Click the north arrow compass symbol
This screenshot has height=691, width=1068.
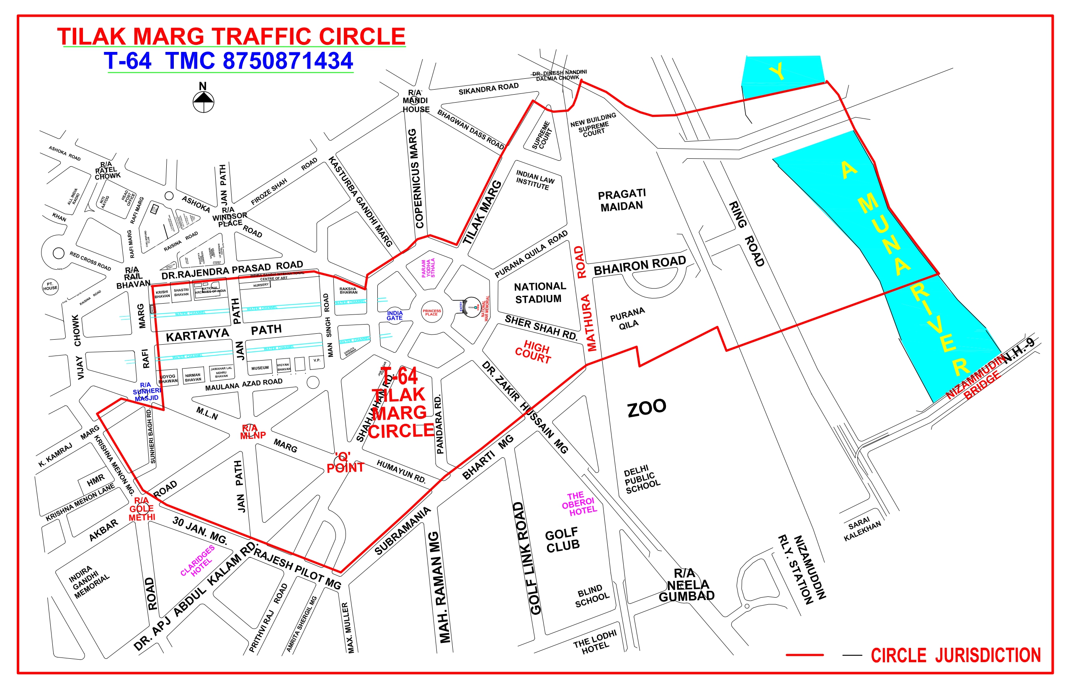203,101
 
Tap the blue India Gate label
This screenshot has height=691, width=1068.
395,315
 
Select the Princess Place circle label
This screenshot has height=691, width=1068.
431,312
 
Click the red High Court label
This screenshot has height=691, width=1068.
534,352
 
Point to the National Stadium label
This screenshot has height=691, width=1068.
539,293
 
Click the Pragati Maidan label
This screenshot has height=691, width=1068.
622,200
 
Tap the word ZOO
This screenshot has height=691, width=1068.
647,408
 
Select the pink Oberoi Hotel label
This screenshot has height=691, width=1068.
579,503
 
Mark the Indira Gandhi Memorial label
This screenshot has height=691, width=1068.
88,582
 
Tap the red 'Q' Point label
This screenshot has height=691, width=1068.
345,463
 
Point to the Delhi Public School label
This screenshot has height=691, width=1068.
642,480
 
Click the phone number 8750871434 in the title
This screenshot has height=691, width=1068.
288,61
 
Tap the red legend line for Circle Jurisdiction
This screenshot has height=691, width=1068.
805,655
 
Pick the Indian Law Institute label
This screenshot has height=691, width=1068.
534,180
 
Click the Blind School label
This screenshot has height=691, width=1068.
592,596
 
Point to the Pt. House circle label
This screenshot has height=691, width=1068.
50,286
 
